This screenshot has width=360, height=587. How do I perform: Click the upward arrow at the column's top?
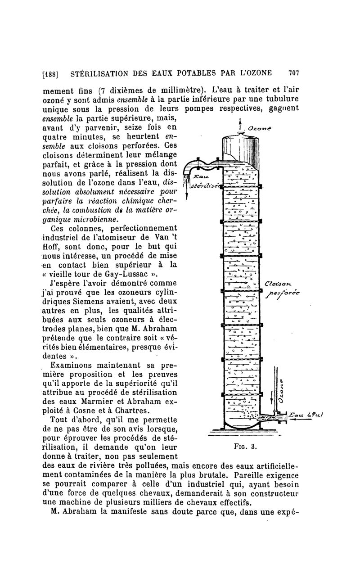coord(239,124)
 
